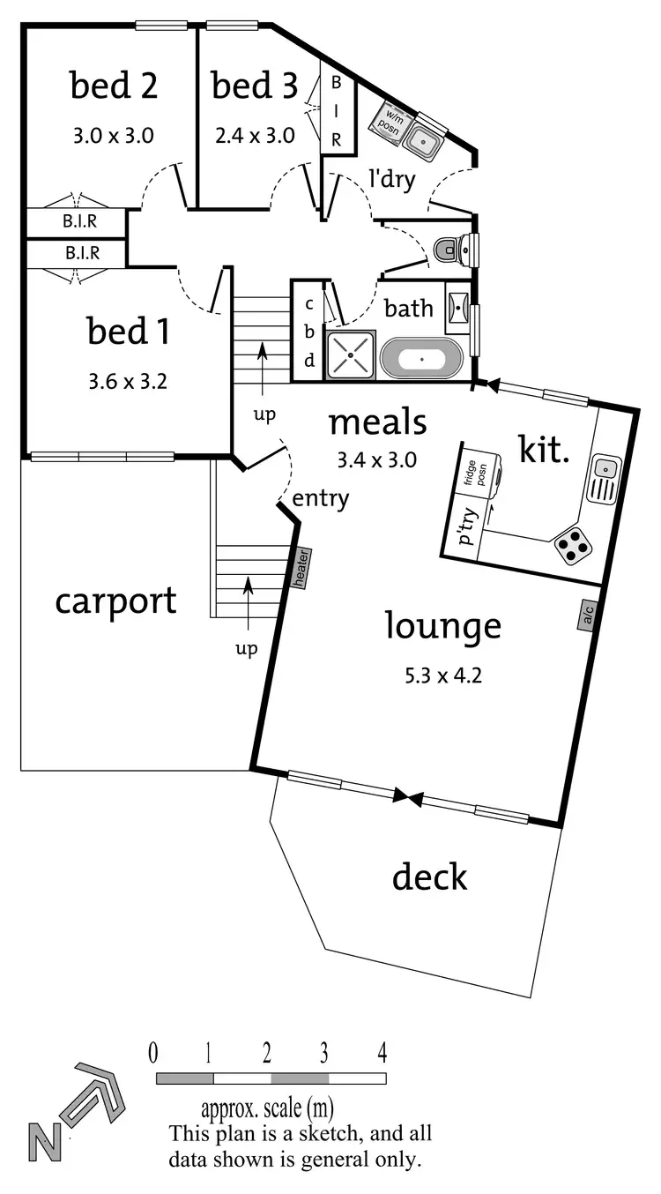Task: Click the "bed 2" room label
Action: tap(114, 86)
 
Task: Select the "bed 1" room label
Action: tap(129, 332)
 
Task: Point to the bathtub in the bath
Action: tap(421, 360)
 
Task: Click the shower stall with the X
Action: tap(351, 355)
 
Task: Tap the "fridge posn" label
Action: tap(476, 477)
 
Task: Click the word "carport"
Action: tap(115, 602)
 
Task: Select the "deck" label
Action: tap(429, 877)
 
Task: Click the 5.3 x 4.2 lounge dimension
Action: tap(443, 676)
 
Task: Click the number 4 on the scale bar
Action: tap(382, 1052)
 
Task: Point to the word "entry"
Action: tap(320, 498)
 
